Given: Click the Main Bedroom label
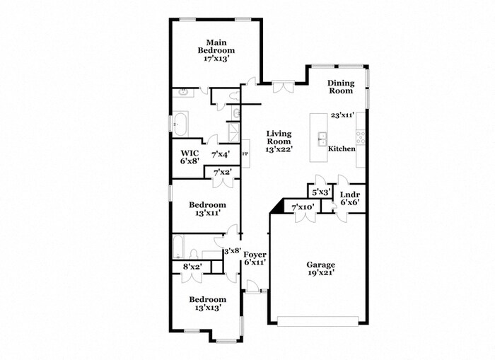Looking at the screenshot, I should [216, 51].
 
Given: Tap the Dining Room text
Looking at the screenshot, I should [340, 87].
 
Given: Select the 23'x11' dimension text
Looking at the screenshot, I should [342, 115].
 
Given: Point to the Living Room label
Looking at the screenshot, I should [279, 141].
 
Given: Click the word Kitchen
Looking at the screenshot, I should [342, 149].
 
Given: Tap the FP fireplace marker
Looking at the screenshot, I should [245, 153].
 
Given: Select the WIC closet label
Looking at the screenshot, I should [190, 157].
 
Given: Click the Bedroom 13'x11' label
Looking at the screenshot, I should [206, 209].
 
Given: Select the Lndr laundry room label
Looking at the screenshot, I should [349, 199].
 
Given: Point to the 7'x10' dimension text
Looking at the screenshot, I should [303, 207].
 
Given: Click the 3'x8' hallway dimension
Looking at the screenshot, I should [232, 250].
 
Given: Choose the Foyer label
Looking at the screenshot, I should [255, 258].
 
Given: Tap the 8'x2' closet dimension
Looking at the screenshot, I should [192, 267].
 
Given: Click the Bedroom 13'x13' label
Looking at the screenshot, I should [206, 303].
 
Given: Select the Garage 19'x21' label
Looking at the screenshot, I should [320, 268].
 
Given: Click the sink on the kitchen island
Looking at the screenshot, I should [322, 137].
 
